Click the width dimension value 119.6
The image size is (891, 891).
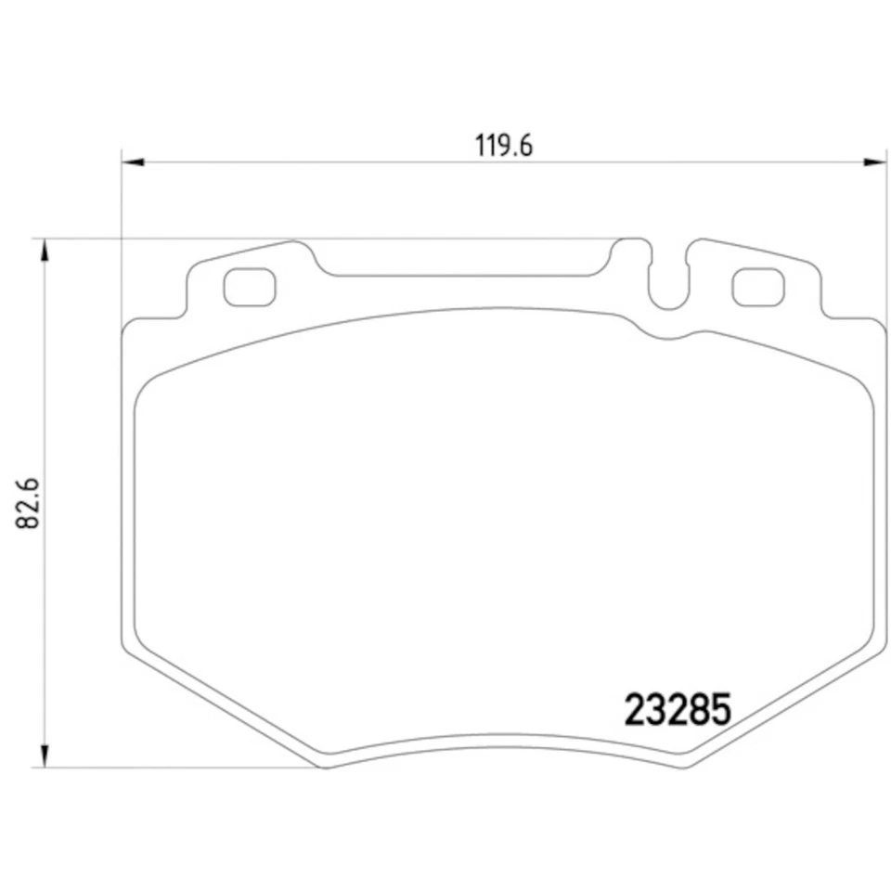pos(503,147)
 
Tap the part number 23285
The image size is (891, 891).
pos(678,710)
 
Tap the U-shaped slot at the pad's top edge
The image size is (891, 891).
pos(667,278)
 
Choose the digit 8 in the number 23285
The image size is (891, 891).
pos(699,710)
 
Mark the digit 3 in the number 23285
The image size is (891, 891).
pos(656,710)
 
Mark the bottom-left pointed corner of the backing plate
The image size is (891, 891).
pos(320,766)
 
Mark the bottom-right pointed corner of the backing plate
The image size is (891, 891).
pos(687,766)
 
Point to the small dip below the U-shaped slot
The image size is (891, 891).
pos(666,336)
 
